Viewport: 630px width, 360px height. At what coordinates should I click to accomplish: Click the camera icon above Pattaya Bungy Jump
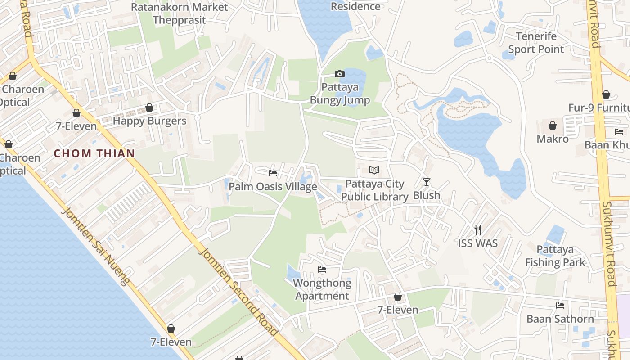339,74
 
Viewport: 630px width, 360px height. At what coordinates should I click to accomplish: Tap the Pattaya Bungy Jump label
340,93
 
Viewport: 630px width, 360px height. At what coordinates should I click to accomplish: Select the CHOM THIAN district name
94,153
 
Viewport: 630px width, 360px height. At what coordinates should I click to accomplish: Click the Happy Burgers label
149,121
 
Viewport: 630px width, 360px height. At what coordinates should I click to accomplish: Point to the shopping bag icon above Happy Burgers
149,108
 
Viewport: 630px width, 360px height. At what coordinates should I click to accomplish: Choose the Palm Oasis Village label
273,186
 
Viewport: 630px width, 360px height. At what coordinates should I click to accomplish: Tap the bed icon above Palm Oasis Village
272,173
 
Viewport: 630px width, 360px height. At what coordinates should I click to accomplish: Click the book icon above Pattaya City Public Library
374,170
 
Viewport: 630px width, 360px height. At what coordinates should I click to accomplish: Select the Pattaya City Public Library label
374,190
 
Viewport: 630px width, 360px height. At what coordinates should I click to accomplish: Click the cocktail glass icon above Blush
427,182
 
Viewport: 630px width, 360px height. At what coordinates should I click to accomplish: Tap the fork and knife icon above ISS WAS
478,230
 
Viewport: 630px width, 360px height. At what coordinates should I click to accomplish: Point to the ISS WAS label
478,243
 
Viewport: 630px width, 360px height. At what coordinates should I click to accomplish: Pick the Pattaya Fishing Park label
555,256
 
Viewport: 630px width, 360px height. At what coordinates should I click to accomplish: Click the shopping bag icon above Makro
552,126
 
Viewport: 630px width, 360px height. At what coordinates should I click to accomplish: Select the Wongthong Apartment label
322,289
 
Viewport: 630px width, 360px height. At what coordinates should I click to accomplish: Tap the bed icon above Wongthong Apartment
322,270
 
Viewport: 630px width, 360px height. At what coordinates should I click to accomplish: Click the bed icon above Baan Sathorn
560,306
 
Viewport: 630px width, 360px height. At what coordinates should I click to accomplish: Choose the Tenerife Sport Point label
536,43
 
